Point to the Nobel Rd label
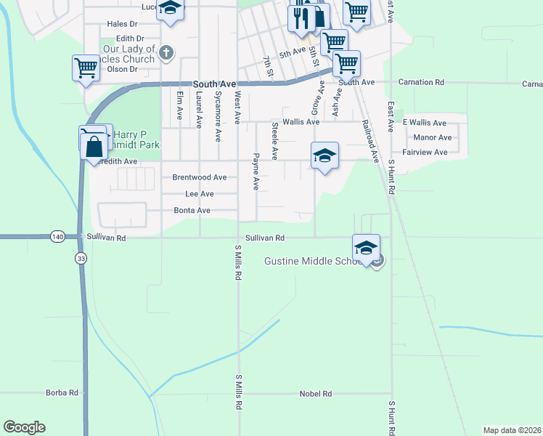click(x=315, y=394)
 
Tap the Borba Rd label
click(x=62, y=393)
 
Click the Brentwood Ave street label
click(x=199, y=177)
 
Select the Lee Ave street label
click(x=199, y=194)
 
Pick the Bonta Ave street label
click(x=192, y=211)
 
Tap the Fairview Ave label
click(x=425, y=153)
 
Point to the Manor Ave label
click(x=433, y=137)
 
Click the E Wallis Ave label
click(x=425, y=123)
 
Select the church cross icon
click(x=166, y=52)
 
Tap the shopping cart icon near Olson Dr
click(x=85, y=68)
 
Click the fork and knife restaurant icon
click(x=301, y=17)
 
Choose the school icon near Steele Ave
click(x=324, y=155)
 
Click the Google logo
click(x=24, y=427)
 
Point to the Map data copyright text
click(x=512, y=430)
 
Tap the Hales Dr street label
click(x=122, y=24)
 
